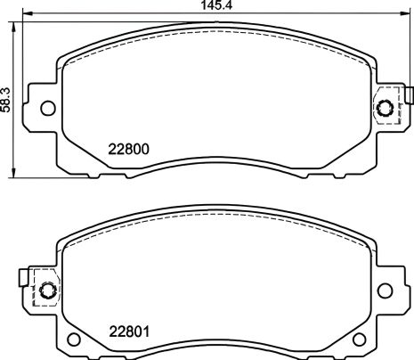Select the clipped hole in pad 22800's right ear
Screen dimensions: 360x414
tap(386, 109)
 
